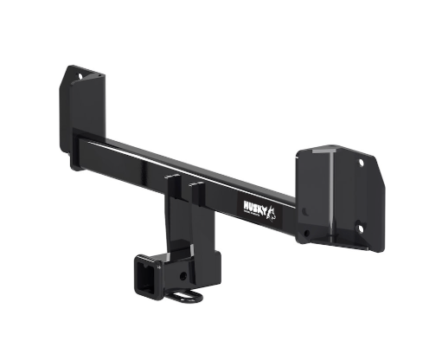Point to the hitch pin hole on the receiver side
click(183, 277)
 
